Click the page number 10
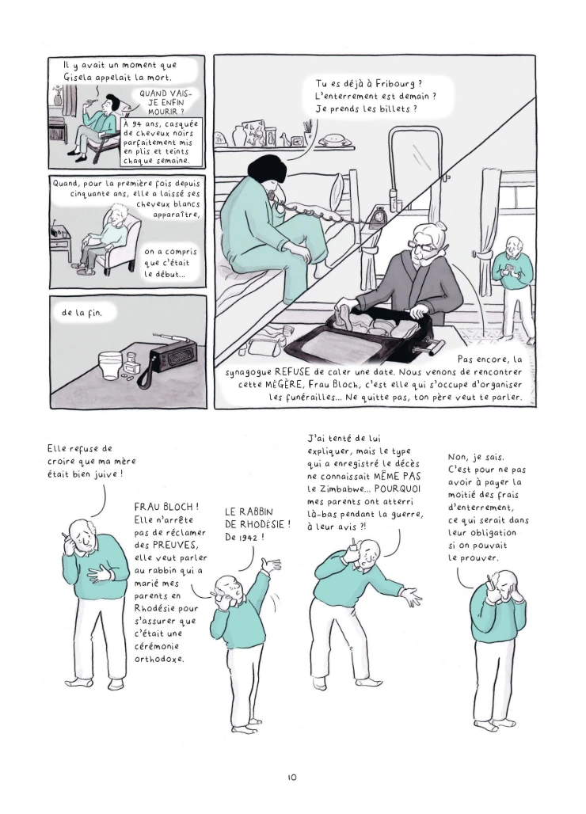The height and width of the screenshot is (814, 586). click(291, 777)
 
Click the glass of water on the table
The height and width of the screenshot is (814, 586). click(112, 365)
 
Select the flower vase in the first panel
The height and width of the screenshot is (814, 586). click(58, 97)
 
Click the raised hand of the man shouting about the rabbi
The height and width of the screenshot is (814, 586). click(271, 565)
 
